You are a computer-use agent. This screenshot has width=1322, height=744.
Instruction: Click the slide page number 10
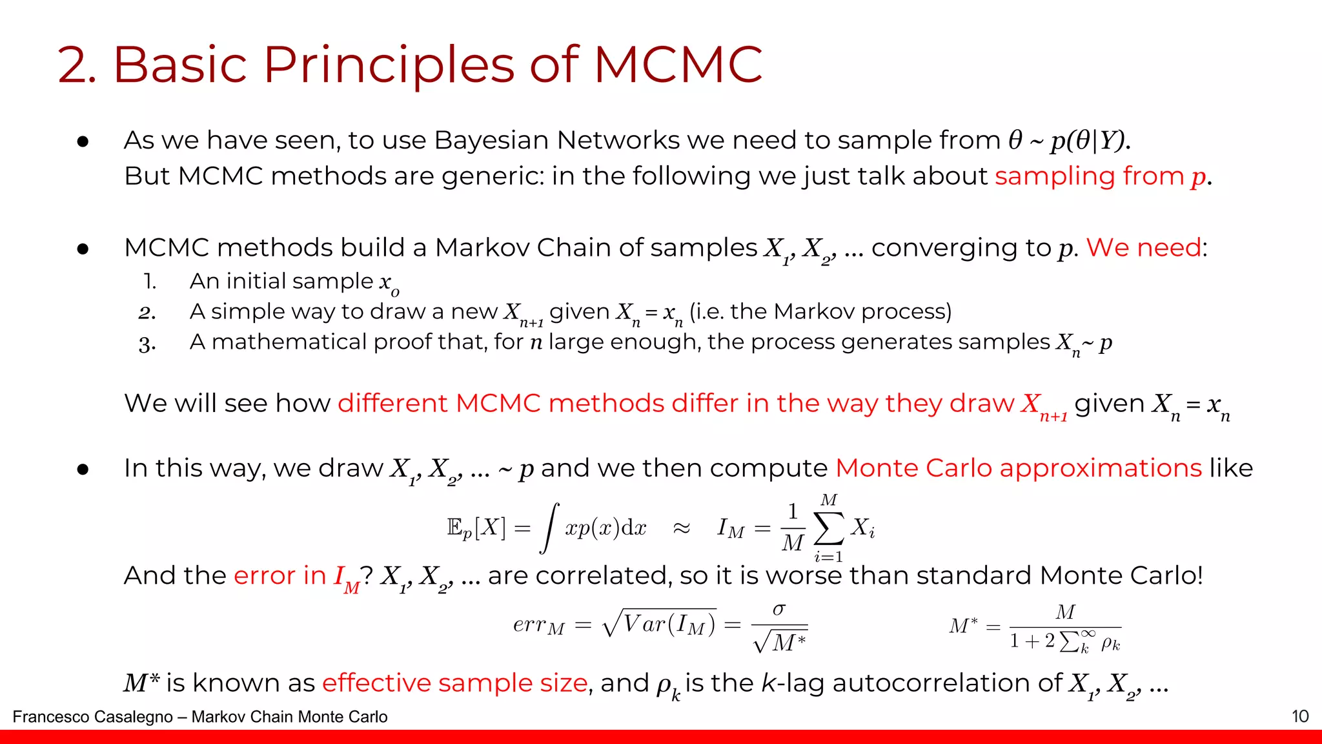(1299, 716)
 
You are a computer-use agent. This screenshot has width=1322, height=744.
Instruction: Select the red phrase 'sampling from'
(1088, 176)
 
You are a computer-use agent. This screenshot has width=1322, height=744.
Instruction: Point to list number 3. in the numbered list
(147, 344)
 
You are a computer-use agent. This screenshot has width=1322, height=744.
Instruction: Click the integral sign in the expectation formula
(549, 528)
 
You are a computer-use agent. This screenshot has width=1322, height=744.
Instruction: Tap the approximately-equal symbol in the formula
(682, 528)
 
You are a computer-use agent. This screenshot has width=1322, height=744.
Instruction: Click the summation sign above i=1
(829, 528)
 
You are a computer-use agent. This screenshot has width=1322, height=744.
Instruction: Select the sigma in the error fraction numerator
(779, 609)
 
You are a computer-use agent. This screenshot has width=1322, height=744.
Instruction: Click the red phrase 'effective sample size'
(454, 683)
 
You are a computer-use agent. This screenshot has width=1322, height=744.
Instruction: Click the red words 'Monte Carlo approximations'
(1018, 468)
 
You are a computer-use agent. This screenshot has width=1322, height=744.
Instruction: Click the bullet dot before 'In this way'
(83, 470)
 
